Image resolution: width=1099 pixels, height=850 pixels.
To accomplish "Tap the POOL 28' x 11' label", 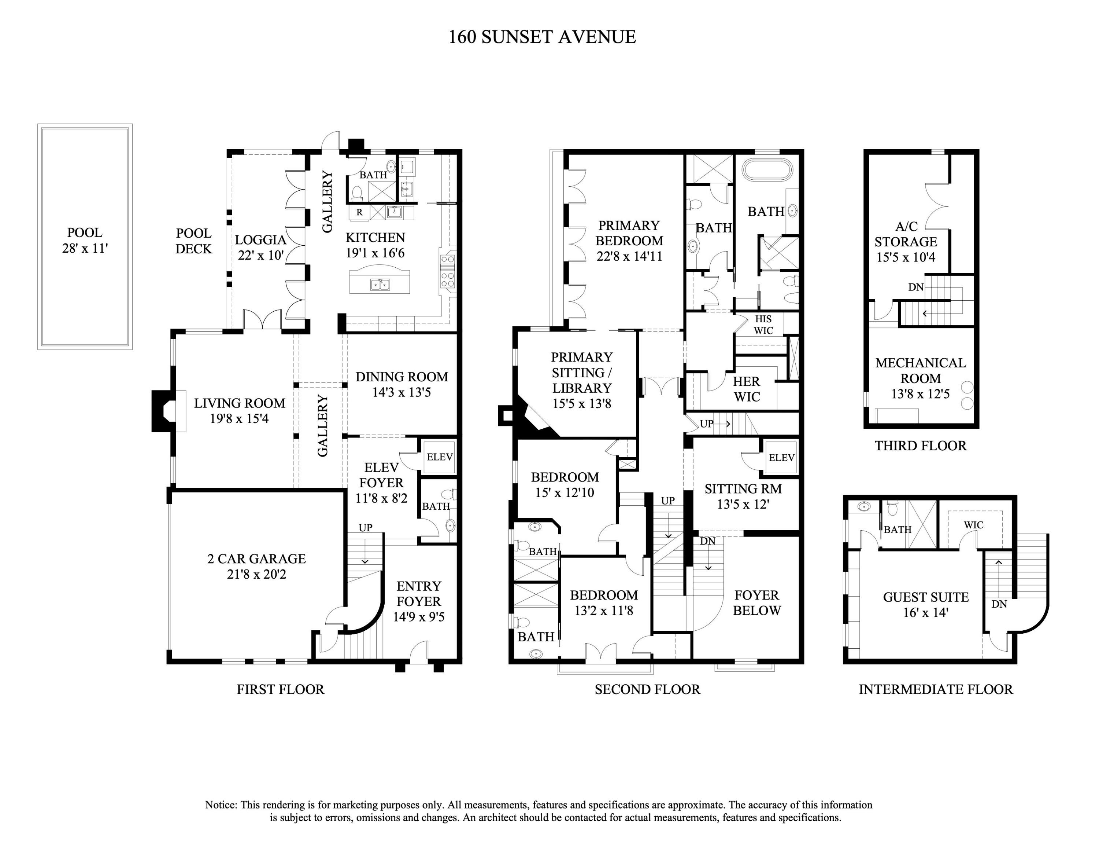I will click(85, 241).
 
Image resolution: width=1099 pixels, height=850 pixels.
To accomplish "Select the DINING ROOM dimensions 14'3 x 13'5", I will click(401, 392).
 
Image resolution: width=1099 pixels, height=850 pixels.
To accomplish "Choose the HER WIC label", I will click(746, 389).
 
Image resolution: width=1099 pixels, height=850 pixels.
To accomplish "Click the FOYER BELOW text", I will click(756, 603).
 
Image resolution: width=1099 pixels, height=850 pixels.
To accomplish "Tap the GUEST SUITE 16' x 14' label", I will click(925, 604).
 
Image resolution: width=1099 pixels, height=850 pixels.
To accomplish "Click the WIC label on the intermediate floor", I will click(973, 525).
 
